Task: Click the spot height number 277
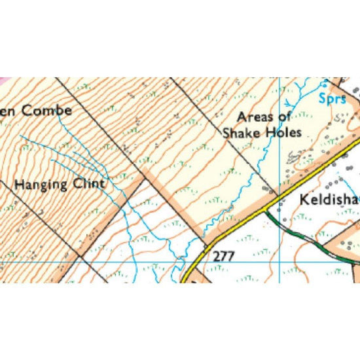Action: click(223, 257)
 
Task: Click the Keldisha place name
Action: click(329, 200)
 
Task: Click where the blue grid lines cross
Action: click(279, 262)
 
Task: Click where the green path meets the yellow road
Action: click(266, 211)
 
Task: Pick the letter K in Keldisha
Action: click(303, 200)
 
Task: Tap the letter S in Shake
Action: click(227, 132)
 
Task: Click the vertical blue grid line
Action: click(279, 164)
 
